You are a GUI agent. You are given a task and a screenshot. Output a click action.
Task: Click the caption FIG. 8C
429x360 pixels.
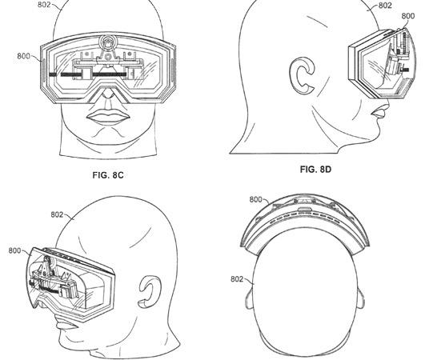[108, 175]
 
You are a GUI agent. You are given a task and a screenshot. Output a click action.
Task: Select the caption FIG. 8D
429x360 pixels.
[315, 170]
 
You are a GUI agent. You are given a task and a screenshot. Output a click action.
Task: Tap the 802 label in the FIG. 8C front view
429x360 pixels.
[44, 4]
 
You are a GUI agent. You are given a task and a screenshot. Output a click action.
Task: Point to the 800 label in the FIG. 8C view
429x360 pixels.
[23, 56]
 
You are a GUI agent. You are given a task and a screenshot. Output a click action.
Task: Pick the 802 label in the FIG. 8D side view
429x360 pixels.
[386, 5]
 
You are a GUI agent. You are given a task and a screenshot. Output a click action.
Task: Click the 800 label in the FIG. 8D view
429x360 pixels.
[408, 16]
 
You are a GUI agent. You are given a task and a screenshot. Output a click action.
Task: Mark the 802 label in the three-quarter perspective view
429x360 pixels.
[57, 214]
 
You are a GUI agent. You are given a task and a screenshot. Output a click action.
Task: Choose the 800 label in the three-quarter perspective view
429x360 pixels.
[14, 250]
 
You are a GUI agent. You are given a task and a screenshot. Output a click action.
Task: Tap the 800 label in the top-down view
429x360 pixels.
[256, 200]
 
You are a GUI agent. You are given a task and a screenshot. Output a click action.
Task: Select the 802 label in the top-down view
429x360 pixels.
[237, 279]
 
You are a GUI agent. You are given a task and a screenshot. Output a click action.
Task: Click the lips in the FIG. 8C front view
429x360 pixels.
[108, 117]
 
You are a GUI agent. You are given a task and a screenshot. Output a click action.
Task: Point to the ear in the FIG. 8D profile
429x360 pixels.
[302, 74]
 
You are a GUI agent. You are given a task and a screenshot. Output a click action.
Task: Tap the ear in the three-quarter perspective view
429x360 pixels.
[149, 292]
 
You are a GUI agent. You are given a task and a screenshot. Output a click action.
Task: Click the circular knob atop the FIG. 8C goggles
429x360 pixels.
[108, 42]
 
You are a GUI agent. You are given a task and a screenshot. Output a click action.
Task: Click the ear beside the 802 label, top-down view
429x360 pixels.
[249, 299]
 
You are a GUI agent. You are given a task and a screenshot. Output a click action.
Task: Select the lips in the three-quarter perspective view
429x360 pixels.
[65, 325]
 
